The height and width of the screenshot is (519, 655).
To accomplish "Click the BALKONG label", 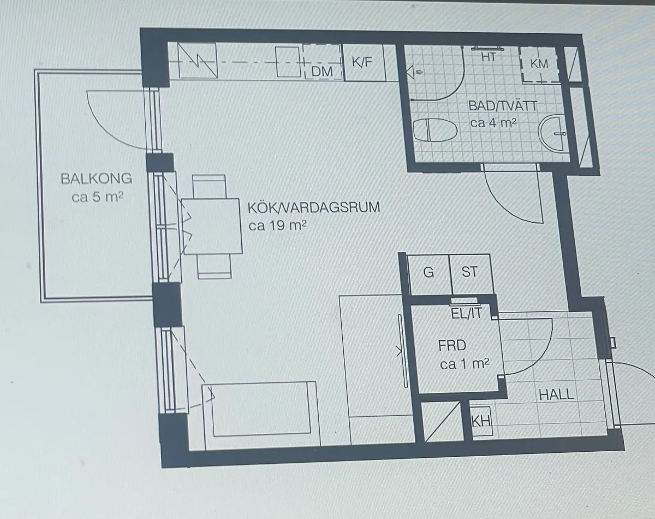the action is [x=97, y=179].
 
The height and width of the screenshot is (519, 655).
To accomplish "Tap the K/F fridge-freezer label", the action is [x=362, y=62].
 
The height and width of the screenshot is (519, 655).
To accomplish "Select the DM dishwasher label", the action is [x=322, y=72].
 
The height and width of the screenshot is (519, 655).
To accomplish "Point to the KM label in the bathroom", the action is [x=539, y=64].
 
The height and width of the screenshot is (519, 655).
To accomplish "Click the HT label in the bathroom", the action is [x=489, y=57].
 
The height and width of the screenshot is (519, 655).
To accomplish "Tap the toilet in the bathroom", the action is [x=435, y=130].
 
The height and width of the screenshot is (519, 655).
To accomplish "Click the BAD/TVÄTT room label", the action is [x=503, y=106].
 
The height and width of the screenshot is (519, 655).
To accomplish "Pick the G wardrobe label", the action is [x=428, y=272].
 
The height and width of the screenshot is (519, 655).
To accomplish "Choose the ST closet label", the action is [x=469, y=272].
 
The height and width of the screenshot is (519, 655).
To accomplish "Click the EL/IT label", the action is [x=467, y=313].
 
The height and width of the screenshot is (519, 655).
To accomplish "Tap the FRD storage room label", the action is [x=452, y=346].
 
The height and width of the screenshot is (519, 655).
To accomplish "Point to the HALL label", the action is [x=556, y=395].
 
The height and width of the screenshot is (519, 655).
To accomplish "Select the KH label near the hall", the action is [x=481, y=421].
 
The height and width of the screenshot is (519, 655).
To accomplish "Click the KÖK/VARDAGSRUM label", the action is [x=314, y=208].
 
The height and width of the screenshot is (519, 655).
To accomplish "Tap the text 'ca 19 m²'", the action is [x=277, y=226].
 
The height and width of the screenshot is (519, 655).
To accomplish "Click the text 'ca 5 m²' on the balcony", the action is [x=97, y=197].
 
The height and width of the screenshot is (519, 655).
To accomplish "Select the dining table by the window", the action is [x=212, y=226].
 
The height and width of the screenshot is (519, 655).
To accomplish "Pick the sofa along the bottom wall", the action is [x=261, y=415].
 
